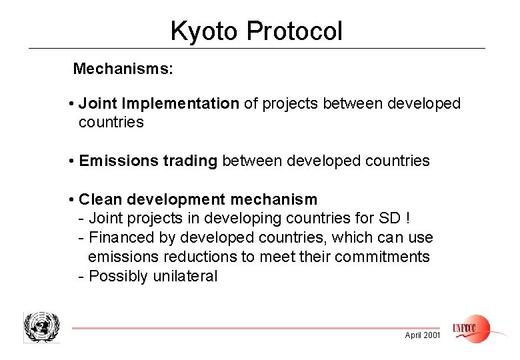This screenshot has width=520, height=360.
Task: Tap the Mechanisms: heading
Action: pyautogui.click(x=123, y=69)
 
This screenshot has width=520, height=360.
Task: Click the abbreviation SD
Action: pyautogui.click(x=390, y=218)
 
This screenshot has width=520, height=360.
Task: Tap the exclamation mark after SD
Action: pyautogui.click(x=407, y=218)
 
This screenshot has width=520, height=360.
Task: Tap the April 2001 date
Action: pyautogui.click(x=423, y=335)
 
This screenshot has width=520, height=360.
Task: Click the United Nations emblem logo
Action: pyautogui.click(x=41, y=327)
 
